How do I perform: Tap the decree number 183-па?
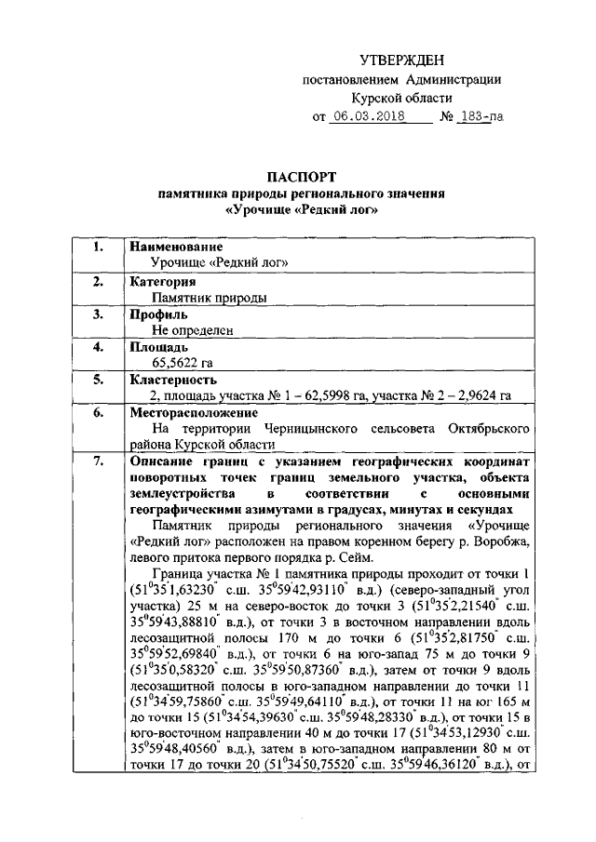pos(481,118)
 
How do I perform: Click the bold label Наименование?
pos(177,247)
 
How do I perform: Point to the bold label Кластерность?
pos(174,380)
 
